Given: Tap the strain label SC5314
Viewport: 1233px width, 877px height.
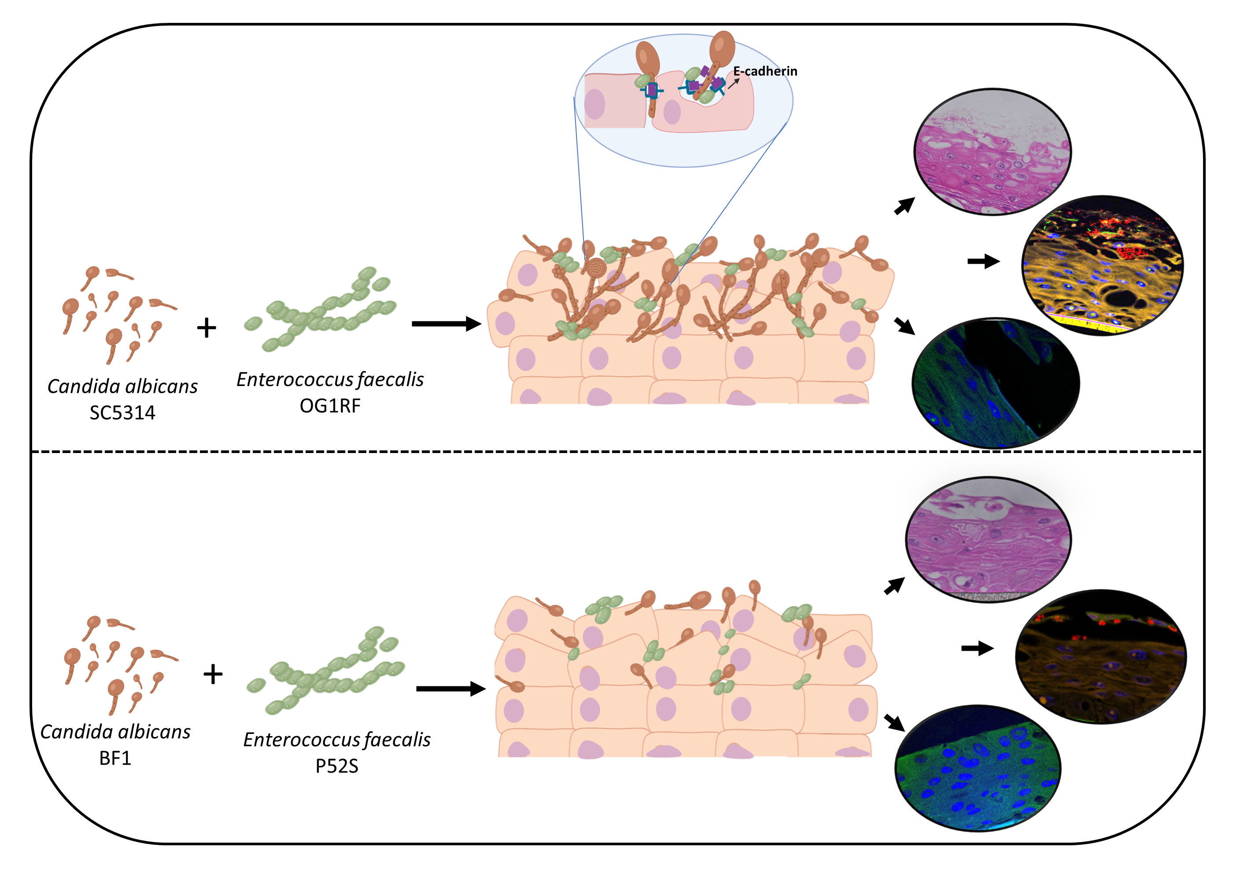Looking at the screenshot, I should pyautogui.click(x=122, y=413).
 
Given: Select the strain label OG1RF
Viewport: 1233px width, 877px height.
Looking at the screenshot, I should pyautogui.click(x=329, y=406).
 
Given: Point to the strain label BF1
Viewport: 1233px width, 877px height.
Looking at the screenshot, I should pyautogui.click(x=115, y=758).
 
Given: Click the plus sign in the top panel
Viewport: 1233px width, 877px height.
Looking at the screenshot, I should pyautogui.click(x=207, y=328).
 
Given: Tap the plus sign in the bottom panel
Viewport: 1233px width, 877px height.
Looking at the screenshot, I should pyautogui.click(x=213, y=674).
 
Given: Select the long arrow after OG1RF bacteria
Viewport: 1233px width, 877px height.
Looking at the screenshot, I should pyautogui.click(x=446, y=324).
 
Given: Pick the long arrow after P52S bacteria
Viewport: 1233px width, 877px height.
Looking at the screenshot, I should pyautogui.click(x=450, y=689).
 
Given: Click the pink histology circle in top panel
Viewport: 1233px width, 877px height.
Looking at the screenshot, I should pyautogui.click(x=992, y=152).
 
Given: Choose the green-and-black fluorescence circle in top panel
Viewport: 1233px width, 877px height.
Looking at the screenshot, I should pyautogui.click(x=995, y=383).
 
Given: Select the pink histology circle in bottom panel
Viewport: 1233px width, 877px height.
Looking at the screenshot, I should pyautogui.click(x=988, y=538).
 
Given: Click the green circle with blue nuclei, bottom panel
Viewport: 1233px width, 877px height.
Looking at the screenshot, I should pyautogui.click(x=978, y=768).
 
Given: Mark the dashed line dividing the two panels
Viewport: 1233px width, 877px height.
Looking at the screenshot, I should pyautogui.click(x=616, y=451).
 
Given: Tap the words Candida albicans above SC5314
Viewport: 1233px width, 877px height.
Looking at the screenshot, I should pyautogui.click(x=122, y=387).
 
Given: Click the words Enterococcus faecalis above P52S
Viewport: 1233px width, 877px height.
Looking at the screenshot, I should pyautogui.click(x=336, y=739).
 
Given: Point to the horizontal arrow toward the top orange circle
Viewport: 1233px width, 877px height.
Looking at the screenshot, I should pyautogui.click(x=983, y=262).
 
